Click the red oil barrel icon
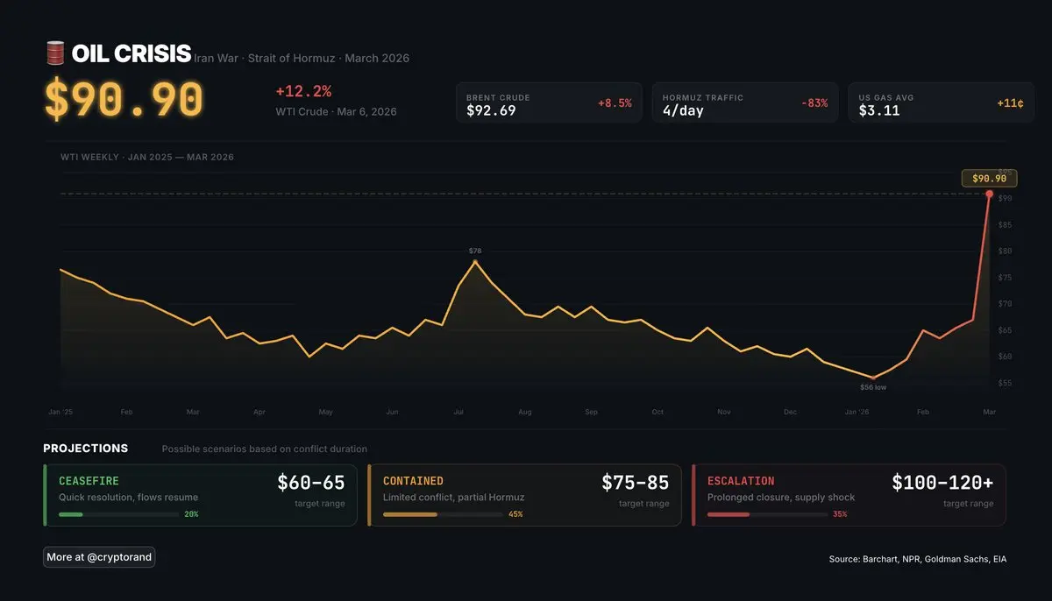click(x=55, y=53)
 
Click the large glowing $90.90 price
click(x=124, y=100)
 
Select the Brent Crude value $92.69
click(x=491, y=110)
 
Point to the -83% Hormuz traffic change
click(x=814, y=103)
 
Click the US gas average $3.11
click(x=879, y=110)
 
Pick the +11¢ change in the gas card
click(x=1010, y=103)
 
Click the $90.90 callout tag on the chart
click(x=989, y=179)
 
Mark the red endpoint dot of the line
click(x=990, y=194)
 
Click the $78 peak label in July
click(x=475, y=251)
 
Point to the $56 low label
click(x=873, y=386)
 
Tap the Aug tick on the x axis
click(x=524, y=412)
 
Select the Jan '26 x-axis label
click(x=857, y=412)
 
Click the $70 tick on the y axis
click(x=1005, y=304)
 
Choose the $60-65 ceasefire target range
click(x=311, y=483)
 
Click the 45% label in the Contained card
click(x=515, y=514)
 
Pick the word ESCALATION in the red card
click(x=741, y=481)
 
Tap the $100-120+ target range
click(x=942, y=483)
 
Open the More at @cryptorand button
click(x=99, y=557)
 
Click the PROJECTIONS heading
click(x=85, y=449)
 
